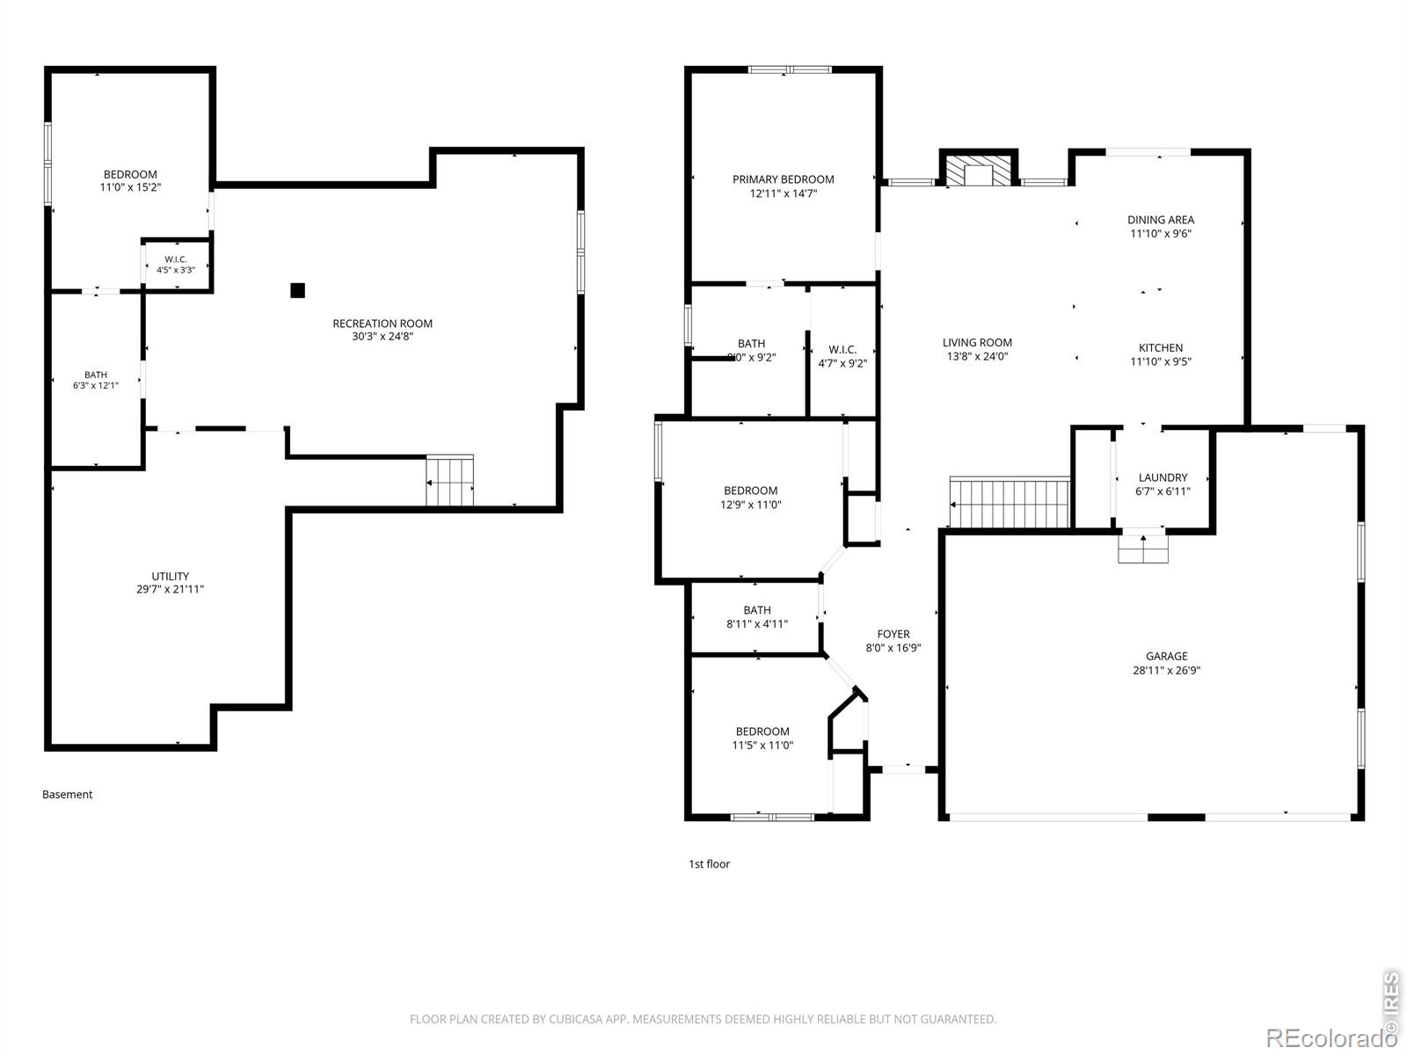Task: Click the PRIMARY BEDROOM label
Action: pyautogui.click(x=783, y=179)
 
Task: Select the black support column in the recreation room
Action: pyautogui.click(x=297, y=290)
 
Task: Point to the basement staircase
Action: pyautogui.click(x=450, y=480)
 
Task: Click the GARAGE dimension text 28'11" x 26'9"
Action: pyautogui.click(x=1166, y=670)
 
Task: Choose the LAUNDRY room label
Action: pyautogui.click(x=1163, y=477)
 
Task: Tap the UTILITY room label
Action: pyautogui.click(x=170, y=576)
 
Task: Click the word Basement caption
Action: pyautogui.click(x=68, y=794)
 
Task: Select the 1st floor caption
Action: pyautogui.click(x=709, y=863)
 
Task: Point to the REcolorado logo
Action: pyautogui.click(x=1330, y=1037)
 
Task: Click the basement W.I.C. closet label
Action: pyautogui.click(x=176, y=259)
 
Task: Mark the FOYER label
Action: pyautogui.click(x=893, y=634)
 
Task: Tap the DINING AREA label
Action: pyautogui.click(x=1160, y=220)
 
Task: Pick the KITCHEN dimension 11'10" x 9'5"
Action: pyautogui.click(x=1160, y=361)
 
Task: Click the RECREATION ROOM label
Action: pyautogui.click(x=382, y=324)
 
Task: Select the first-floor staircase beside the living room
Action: pyautogui.click(x=1010, y=502)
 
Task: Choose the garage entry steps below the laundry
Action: pyautogui.click(x=1143, y=549)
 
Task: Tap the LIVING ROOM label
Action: pyautogui.click(x=977, y=343)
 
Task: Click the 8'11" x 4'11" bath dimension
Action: pyautogui.click(x=756, y=624)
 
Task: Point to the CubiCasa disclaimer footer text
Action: pyautogui.click(x=703, y=1018)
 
